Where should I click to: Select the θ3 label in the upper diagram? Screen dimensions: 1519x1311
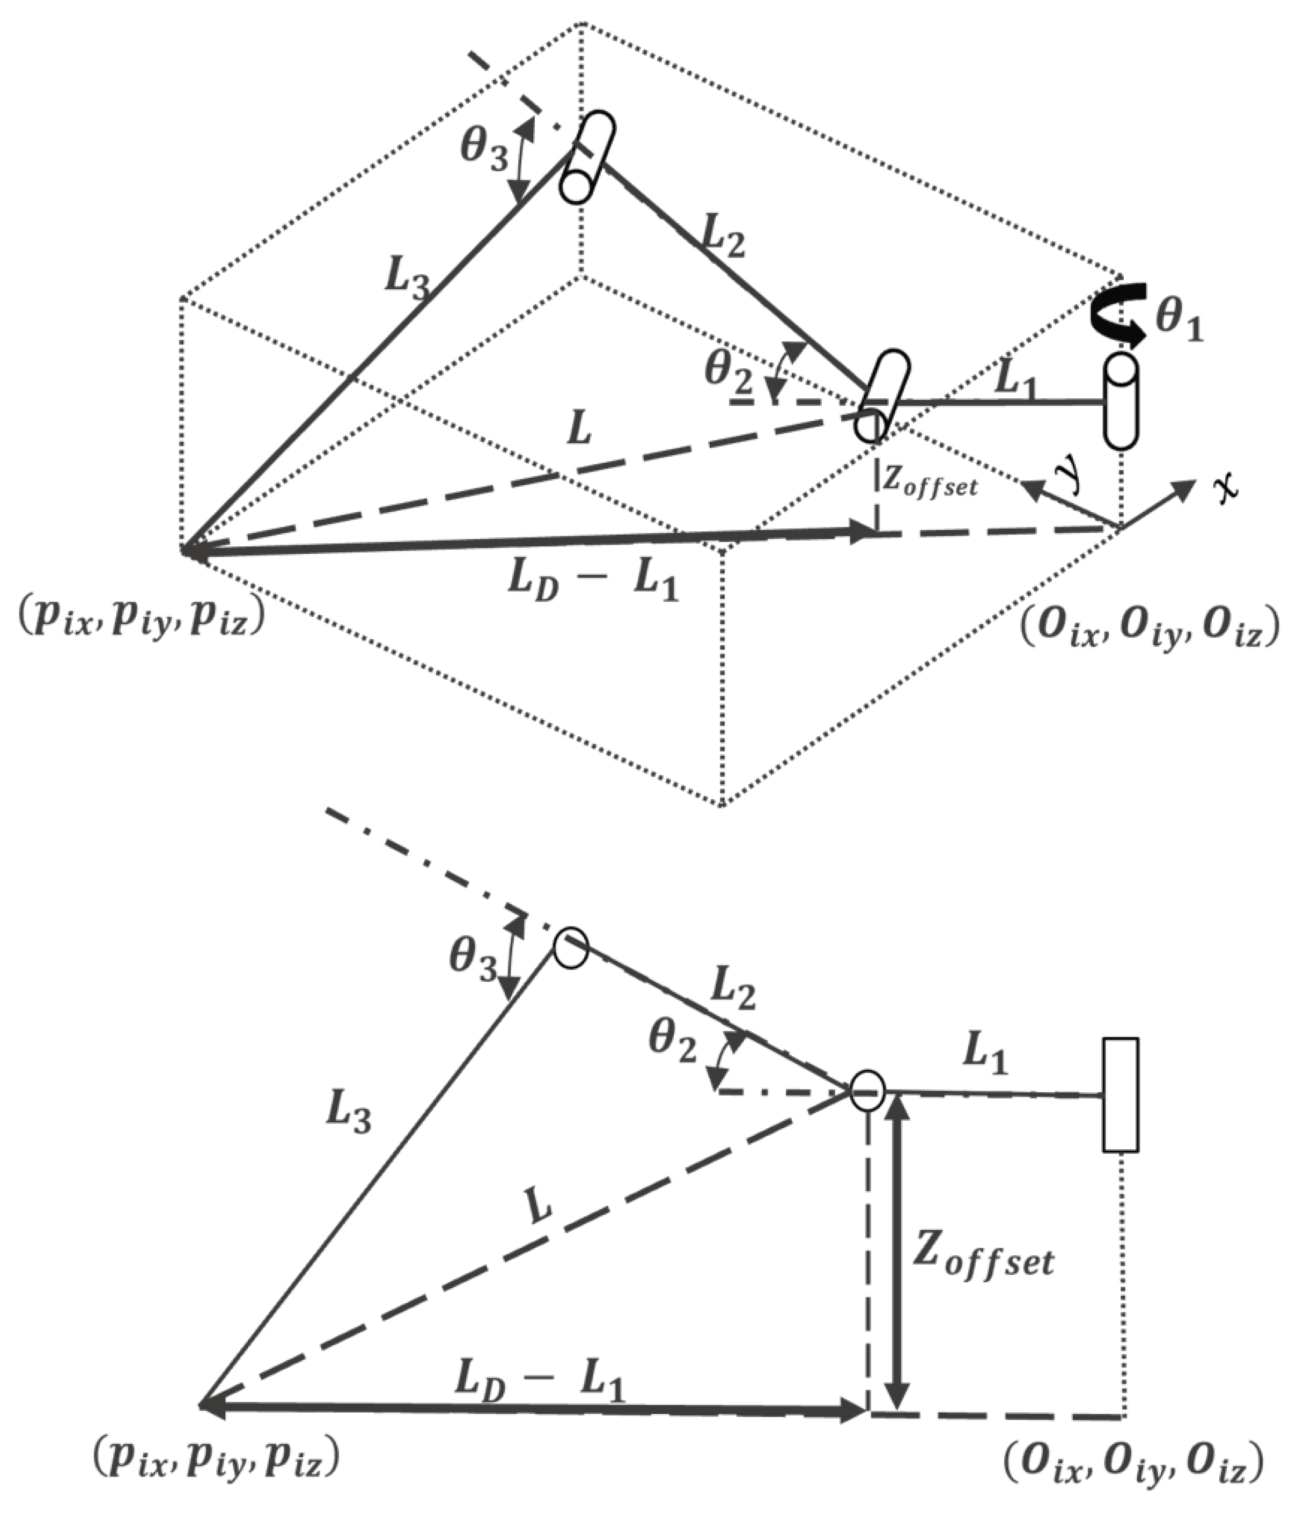[484, 149]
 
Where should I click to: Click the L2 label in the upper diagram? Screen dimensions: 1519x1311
[723, 237]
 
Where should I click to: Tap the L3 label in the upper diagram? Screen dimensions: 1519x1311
[406, 280]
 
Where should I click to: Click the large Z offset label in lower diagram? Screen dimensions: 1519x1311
[982, 1259]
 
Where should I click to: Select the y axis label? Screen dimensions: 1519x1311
[1071, 474]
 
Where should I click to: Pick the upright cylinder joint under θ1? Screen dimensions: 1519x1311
[1121, 401]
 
